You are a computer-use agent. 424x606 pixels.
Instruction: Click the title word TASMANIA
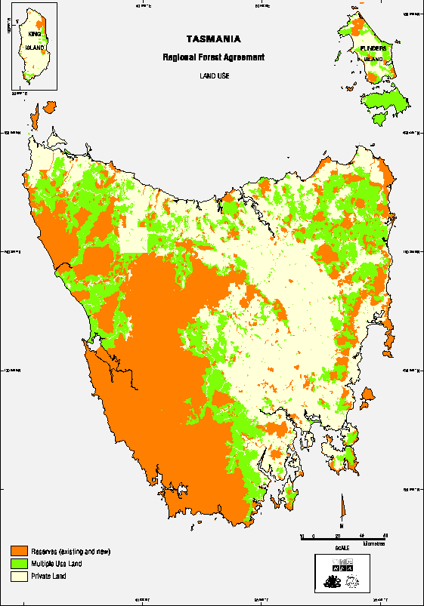[214, 38]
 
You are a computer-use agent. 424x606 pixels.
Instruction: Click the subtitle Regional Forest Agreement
[214, 57]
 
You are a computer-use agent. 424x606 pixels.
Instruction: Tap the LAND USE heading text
[214, 76]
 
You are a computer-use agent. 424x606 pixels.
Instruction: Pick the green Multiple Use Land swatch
[18, 564]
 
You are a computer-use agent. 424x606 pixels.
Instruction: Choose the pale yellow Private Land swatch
[18, 576]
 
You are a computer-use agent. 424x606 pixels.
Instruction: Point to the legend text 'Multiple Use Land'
[57, 564]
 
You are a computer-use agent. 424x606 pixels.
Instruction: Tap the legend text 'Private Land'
[48, 576]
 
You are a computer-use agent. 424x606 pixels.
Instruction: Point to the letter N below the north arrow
[342, 524]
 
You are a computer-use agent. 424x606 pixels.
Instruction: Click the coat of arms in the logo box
[332, 582]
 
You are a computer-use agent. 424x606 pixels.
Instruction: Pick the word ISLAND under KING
[34, 48]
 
